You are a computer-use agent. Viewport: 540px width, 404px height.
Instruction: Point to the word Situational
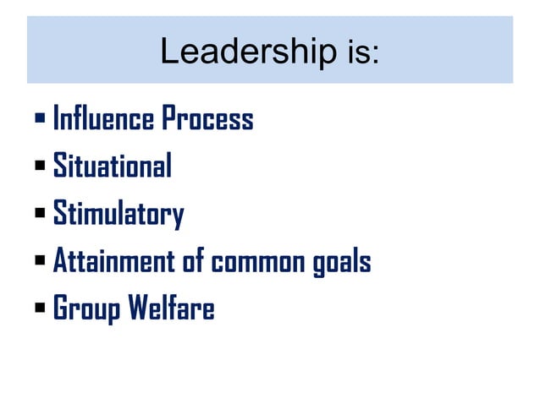pyautogui.click(x=112, y=167)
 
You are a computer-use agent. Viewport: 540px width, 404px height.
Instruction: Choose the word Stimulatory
pyautogui.click(x=118, y=215)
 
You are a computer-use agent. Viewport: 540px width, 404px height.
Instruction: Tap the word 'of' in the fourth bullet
pyautogui.click(x=194, y=262)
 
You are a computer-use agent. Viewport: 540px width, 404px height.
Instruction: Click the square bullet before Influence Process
pyautogui.click(x=41, y=119)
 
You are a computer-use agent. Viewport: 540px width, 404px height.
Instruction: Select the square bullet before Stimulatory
pyautogui.click(x=41, y=215)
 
